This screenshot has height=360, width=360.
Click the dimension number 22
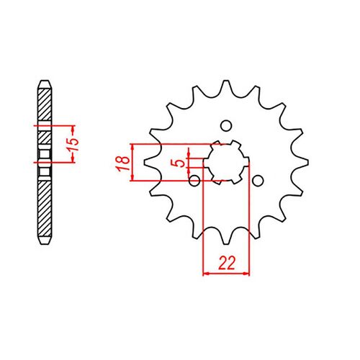[x=228, y=264]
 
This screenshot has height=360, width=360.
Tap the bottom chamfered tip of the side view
[x=45, y=242]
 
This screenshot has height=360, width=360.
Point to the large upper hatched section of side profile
[x=45, y=104]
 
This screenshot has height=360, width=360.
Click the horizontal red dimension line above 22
[x=228, y=274]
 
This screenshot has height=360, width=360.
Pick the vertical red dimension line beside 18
[x=133, y=162]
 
